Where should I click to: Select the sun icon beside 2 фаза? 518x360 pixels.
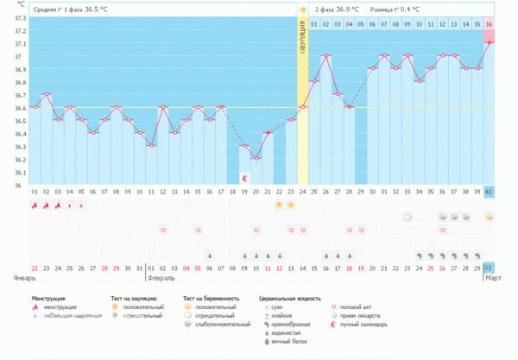click(302, 9)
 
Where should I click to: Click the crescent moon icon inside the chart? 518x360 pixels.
click(244, 178)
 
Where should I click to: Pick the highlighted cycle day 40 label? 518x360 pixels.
click(489, 192)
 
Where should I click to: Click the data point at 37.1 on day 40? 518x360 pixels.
click(489, 42)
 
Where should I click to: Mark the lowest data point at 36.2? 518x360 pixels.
click(256, 159)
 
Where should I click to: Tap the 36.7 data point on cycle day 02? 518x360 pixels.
click(47, 94)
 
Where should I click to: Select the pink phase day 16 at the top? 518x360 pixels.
click(489, 23)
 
